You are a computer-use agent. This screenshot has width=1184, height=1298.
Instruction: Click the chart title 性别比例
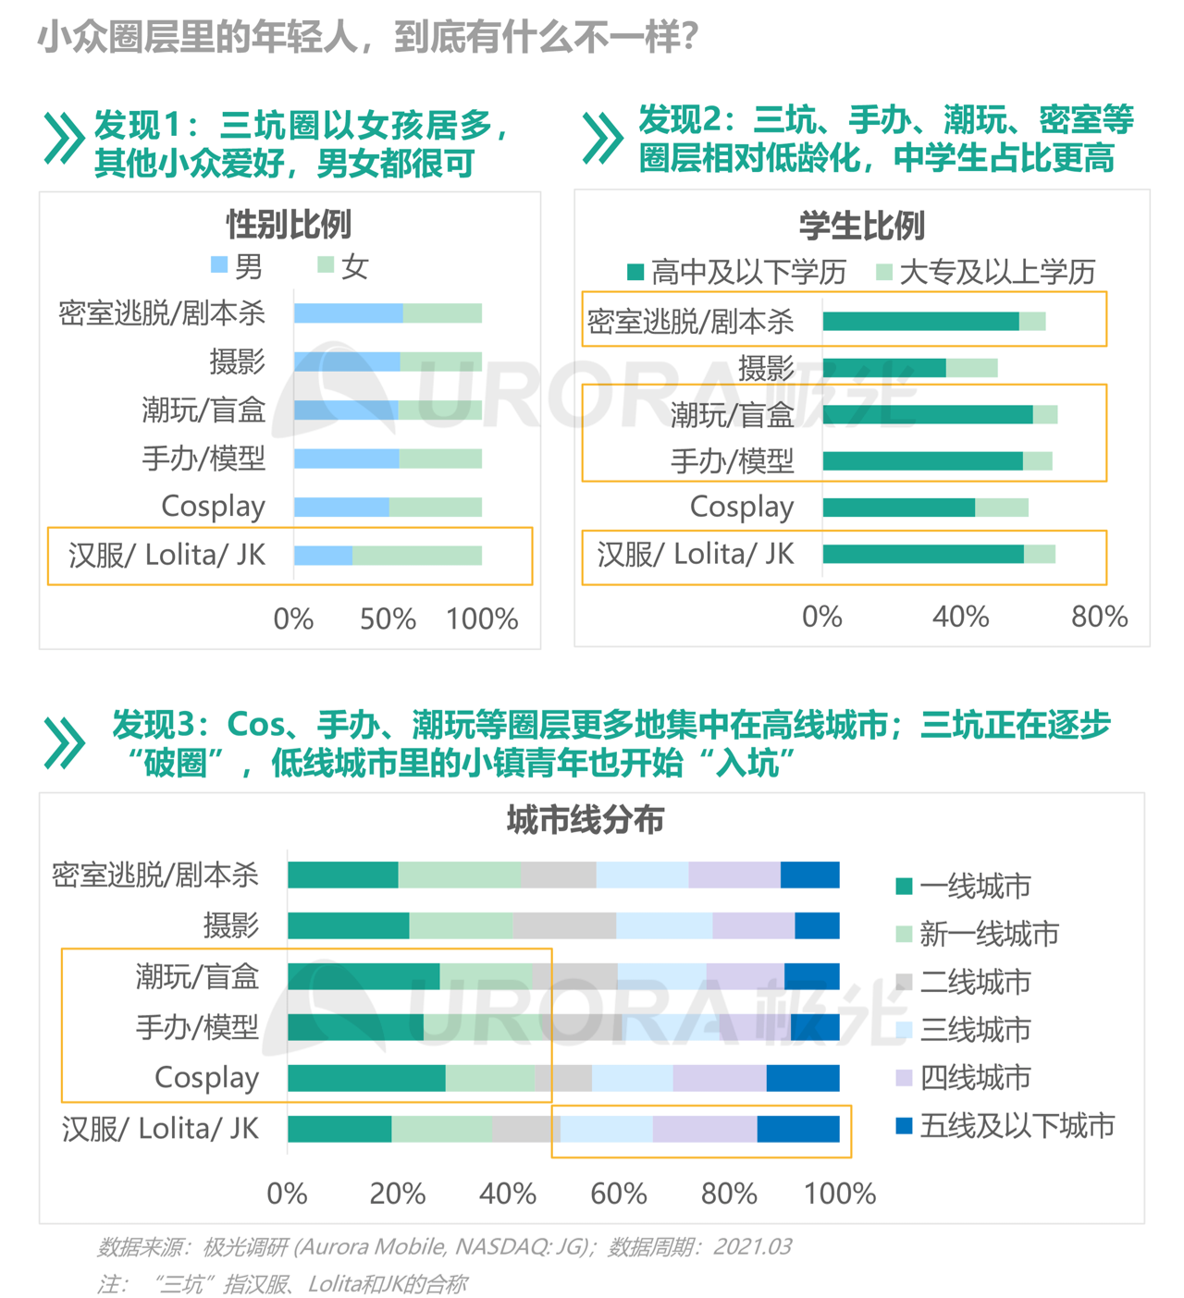click(289, 225)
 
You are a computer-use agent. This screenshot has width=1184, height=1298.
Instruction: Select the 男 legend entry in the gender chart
click(238, 266)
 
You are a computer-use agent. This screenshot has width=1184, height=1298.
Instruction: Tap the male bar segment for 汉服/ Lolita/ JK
click(323, 555)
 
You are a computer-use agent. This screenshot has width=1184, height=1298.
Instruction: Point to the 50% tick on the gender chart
click(388, 618)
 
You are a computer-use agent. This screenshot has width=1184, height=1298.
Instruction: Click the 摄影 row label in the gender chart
click(237, 361)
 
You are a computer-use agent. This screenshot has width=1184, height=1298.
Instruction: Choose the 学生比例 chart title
click(861, 226)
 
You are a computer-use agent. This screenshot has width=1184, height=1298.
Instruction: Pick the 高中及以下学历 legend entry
click(737, 272)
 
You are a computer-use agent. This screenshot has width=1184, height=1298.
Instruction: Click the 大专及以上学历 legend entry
click(986, 272)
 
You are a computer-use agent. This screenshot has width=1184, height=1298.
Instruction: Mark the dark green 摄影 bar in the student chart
click(884, 368)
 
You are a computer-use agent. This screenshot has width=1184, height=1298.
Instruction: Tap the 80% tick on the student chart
click(1099, 617)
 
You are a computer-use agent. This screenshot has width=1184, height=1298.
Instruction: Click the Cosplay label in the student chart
click(742, 507)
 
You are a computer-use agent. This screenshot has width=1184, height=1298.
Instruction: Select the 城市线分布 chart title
click(585, 820)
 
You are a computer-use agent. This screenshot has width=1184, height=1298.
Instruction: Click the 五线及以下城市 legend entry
click(1006, 1125)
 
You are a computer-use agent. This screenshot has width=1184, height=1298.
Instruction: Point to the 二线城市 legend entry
click(964, 982)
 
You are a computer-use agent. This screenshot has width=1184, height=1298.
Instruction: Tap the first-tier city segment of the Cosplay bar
click(366, 1078)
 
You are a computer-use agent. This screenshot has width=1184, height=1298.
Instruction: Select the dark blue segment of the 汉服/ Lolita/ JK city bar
click(798, 1129)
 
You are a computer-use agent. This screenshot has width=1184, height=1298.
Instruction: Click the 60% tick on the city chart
click(618, 1194)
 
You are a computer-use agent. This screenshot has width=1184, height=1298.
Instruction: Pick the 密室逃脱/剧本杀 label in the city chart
click(155, 875)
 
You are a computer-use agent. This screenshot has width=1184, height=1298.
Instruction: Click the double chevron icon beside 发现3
click(64, 743)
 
